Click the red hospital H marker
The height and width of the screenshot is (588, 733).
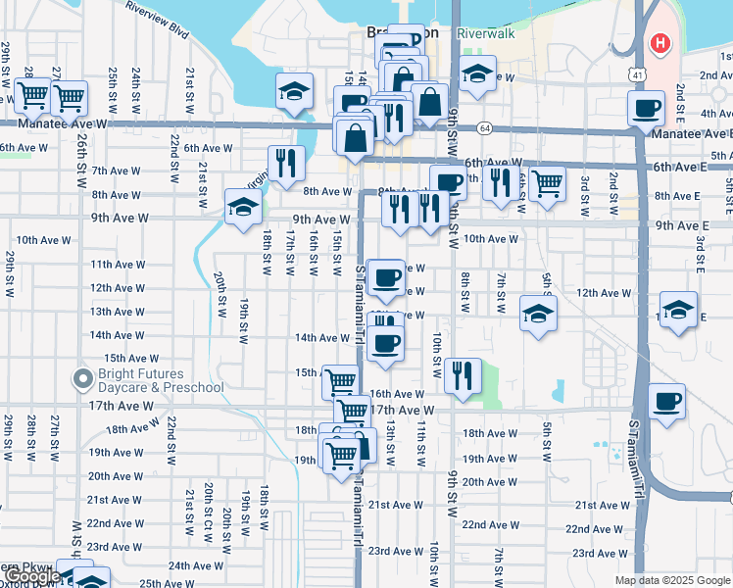coord(660,44)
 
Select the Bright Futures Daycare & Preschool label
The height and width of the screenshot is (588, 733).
coord(160,380)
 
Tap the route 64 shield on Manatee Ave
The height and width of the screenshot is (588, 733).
coord(484,127)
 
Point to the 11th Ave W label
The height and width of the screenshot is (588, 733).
coord(118,265)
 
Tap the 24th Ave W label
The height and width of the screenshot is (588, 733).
coord(196,565)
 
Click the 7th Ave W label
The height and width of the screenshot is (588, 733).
coord(117,171)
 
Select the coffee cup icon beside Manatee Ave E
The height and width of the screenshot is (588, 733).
coord(646,109)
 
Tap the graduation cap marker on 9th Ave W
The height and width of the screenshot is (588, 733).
coord(243,207)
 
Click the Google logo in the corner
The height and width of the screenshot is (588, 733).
coord(31,577)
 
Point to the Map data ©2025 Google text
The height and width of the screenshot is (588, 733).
coord(671,580)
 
